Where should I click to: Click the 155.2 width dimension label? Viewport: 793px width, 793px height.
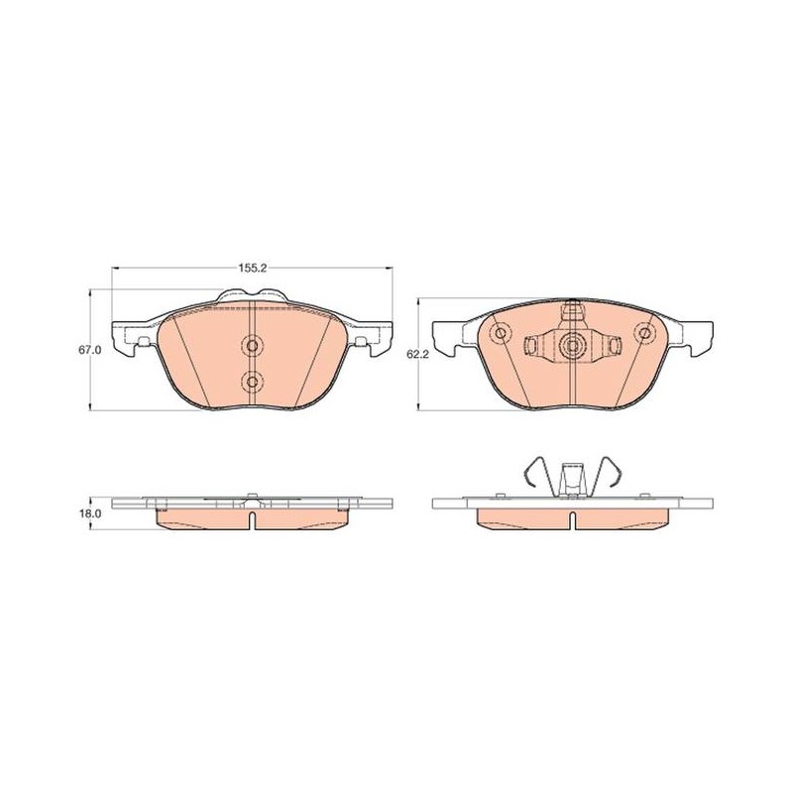click(x=253, y=269)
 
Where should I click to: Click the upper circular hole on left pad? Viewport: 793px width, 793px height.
click(x=252, y=345)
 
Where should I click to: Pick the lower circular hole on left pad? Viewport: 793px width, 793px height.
click(x=252, y=381)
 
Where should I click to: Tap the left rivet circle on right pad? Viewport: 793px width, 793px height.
click(x=501, y=333)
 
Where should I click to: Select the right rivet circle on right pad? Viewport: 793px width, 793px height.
click(x=644, y=333)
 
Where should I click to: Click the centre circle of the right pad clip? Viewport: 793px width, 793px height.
click(x=573, y=345)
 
